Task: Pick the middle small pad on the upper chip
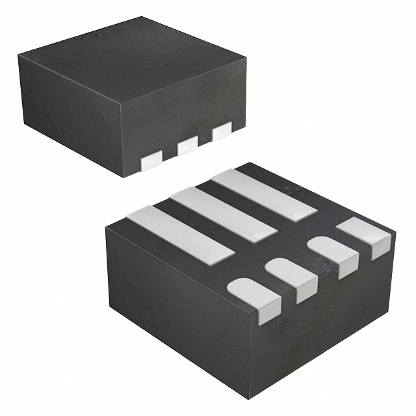(x=187, y=146)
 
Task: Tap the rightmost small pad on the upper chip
(x=222, y=131)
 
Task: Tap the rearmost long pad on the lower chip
(x=263, y=193)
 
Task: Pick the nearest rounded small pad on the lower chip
(x=255, y=296)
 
